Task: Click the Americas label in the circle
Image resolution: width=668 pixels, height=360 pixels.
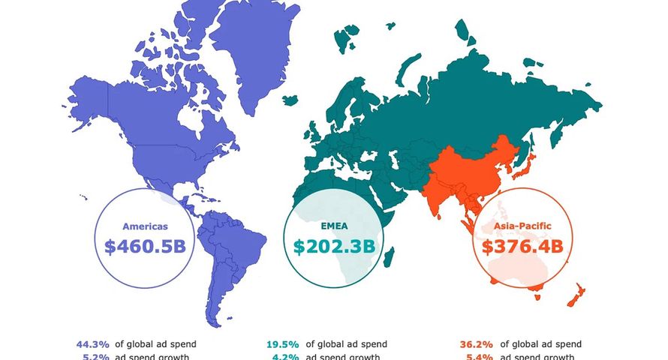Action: point(146,226)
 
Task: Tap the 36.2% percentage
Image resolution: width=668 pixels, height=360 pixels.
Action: point(475,344)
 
